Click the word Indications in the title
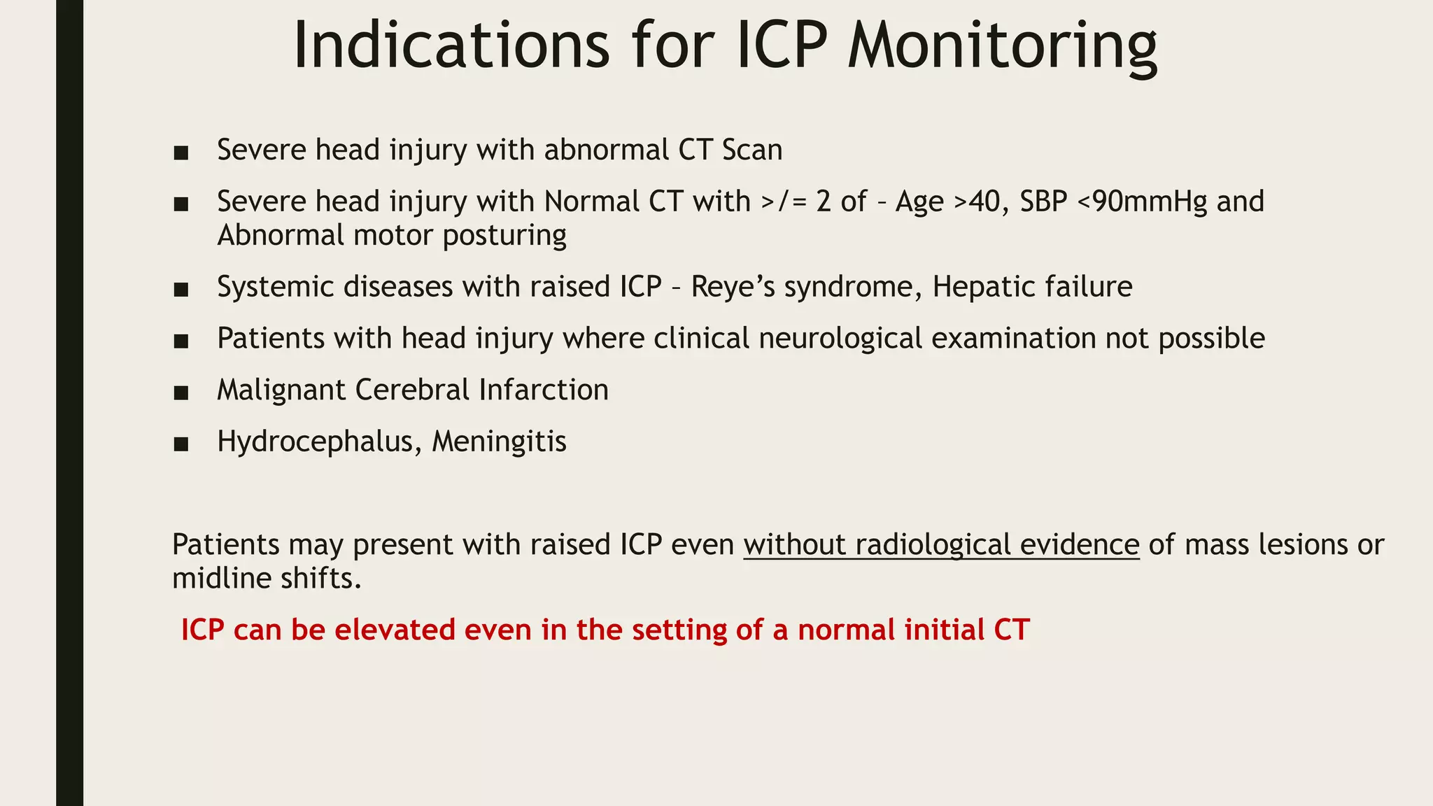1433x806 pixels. (451, 46)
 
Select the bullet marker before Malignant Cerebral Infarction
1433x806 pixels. (181, 393)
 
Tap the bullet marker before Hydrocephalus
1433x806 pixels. (181, 444)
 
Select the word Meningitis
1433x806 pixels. (499, 442)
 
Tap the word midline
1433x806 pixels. (213, 579)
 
